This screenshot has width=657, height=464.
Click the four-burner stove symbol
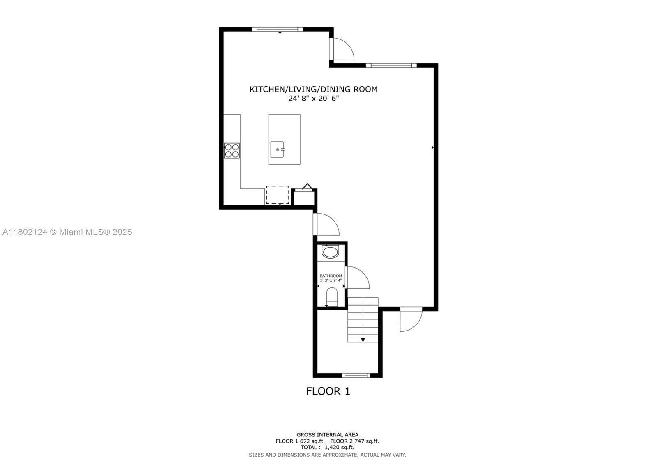click(x=232, y=151)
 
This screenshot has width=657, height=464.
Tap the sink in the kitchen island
click(x=277, y=149)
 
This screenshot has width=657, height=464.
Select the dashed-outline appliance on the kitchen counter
click(x=278, y=195)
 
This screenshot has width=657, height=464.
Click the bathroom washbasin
click(x=330, y=252)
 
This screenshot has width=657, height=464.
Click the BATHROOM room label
click(x=331, y=276)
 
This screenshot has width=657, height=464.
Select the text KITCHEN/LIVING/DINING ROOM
click(x=313, y=89)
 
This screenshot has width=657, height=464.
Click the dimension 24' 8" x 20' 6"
click(x=313, y=99)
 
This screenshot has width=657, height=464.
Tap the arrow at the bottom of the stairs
click(x=363, y=340)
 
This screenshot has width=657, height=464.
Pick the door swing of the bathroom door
click(x=356, y=278)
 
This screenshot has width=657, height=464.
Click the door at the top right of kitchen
click(x=342, y=49)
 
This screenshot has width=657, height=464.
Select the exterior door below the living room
click(x=411, y=319)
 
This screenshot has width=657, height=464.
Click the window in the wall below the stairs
click(x=356, y=375)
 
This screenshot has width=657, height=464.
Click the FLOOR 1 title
click(x=328, y=391)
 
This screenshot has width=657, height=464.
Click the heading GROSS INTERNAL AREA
click(x=327, y=434)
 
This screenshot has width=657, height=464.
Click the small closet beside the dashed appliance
click(x=303, y=198)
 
